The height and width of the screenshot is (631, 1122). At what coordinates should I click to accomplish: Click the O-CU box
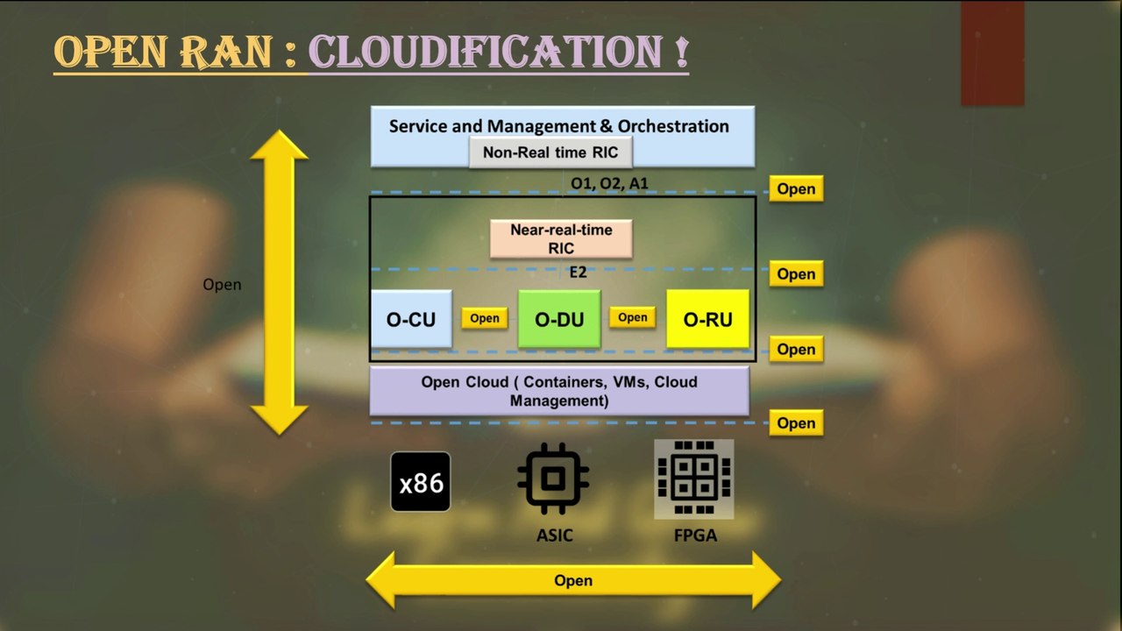(411, 318)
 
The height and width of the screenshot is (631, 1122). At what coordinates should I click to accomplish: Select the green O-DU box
(559, 318)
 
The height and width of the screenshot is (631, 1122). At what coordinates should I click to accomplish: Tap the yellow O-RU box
(707, 318)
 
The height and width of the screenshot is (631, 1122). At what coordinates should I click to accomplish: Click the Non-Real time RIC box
(550, 152)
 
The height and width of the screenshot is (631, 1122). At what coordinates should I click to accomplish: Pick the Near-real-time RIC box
(561, 239)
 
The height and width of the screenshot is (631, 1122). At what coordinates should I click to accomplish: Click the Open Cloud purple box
(559, 391)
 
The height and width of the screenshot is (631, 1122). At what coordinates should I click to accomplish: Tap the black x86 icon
(420, 482)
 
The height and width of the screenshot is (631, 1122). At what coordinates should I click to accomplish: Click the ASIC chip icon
(553, 479)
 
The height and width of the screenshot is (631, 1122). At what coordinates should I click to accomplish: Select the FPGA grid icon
(694, 479)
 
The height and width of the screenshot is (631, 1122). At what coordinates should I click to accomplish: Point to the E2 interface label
(578, 273)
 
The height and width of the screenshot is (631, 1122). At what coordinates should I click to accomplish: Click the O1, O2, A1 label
(609, 183)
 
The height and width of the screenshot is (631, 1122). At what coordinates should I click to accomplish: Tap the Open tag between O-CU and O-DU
(485, 318)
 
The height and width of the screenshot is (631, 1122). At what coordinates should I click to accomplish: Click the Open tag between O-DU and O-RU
(632, 317)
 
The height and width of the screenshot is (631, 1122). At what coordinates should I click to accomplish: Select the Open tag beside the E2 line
(796, 274)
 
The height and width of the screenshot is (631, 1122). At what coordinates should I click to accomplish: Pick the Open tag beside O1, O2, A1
(796, 188)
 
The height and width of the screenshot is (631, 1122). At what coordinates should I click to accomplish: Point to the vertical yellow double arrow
(279, 282)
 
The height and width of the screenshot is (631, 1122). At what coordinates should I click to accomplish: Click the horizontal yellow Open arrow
(573, 580)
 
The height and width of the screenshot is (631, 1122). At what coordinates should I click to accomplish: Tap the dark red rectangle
(992, 53)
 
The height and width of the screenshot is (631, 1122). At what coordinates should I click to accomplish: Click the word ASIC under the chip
(555, 535)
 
